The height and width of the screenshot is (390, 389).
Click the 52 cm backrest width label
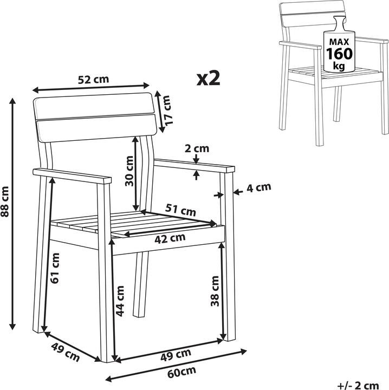[x=93, y=79]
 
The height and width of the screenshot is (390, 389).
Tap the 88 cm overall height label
[x=5, y=201]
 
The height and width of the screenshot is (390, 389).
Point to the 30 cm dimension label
[x=129, y=171]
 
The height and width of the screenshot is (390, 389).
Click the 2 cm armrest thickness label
[x=197, y=148]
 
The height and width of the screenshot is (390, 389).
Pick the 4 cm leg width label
[x=259, y=187]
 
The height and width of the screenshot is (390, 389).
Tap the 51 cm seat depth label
[x=181, y=210]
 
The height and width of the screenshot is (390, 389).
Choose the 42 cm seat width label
[x=170, y=238]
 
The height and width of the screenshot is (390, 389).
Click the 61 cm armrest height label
[x=55, y=268]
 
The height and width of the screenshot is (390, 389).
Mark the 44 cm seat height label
[x=120, y=301]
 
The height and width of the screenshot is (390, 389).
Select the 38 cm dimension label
[x=215, y=291]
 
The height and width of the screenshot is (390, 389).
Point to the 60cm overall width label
[x=181, y=372]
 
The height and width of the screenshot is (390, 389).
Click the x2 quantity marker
[x=209, y=79]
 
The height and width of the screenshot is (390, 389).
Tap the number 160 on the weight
[x=339, y=54]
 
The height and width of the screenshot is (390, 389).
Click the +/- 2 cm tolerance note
[x=358, y=386]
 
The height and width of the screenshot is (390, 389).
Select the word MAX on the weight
[x=339, y=42]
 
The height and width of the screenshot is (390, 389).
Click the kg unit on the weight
[x=339, y=66]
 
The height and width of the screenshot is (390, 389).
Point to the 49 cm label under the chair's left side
[x=66, y=352]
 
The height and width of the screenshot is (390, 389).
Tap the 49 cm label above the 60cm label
[x=176, y=355]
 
